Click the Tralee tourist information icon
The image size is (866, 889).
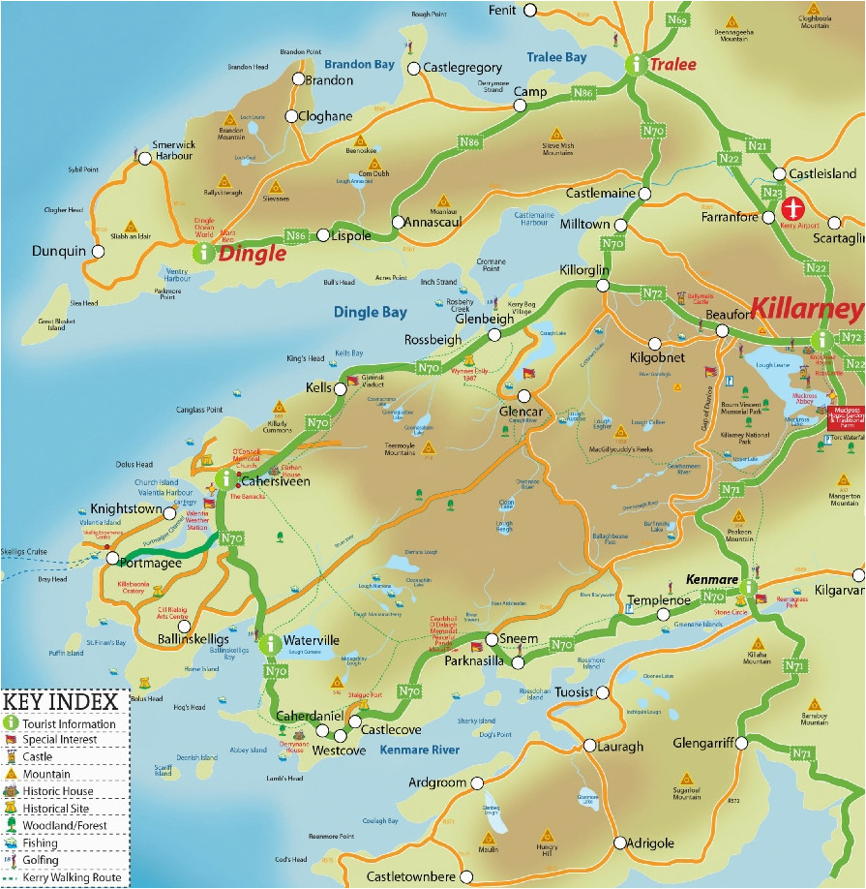[x=636, y=65]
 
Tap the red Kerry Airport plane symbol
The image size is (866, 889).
[x=792, y=208]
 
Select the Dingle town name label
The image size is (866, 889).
[x=252, y=254]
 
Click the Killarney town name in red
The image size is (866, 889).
[x=806, y=309]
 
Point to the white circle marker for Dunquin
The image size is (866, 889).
[x=97, y=251]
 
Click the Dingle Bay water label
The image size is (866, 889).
[x=370, y=312]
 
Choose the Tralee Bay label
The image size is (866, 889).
[x=556, y=58]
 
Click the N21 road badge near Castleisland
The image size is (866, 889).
[x=758, y=146]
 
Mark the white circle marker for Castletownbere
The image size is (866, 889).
[x=466, y=876]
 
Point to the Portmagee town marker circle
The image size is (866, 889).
[x=113, y=558]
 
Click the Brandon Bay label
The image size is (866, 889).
[x=359, y=64]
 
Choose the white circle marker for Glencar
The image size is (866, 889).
[x=524, y=395]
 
